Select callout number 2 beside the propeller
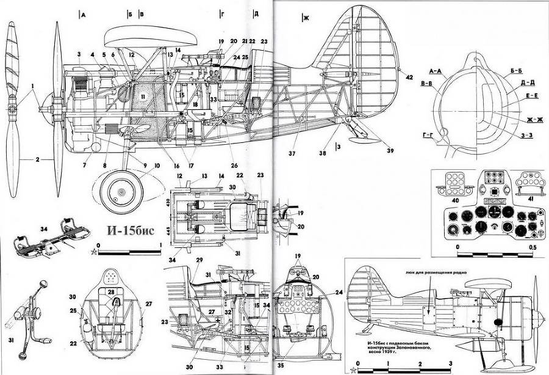click(38, 159)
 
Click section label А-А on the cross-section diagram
click(436, 71)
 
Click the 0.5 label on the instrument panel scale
click(533, 247)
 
